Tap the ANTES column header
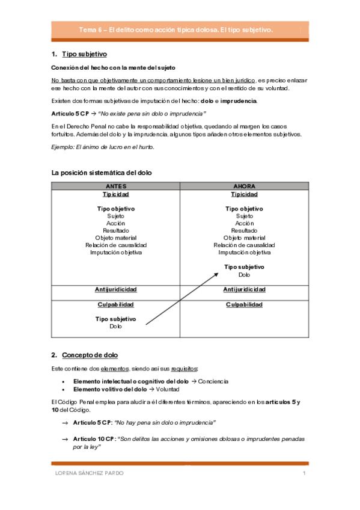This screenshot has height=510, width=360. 115,186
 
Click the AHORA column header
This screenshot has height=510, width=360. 244,186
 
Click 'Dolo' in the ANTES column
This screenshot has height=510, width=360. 115,327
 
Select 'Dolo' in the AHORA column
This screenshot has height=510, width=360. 244,275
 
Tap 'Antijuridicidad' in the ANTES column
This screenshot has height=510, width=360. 115,289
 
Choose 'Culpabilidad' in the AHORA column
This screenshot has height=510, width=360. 244,305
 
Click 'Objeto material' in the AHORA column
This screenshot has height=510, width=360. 244,238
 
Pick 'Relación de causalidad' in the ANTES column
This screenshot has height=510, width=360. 115,245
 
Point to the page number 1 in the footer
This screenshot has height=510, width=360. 305,473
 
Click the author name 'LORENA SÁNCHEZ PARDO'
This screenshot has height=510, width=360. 89,473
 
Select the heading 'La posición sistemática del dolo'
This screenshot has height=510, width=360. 102,173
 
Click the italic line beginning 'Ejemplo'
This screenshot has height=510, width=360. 102,147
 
